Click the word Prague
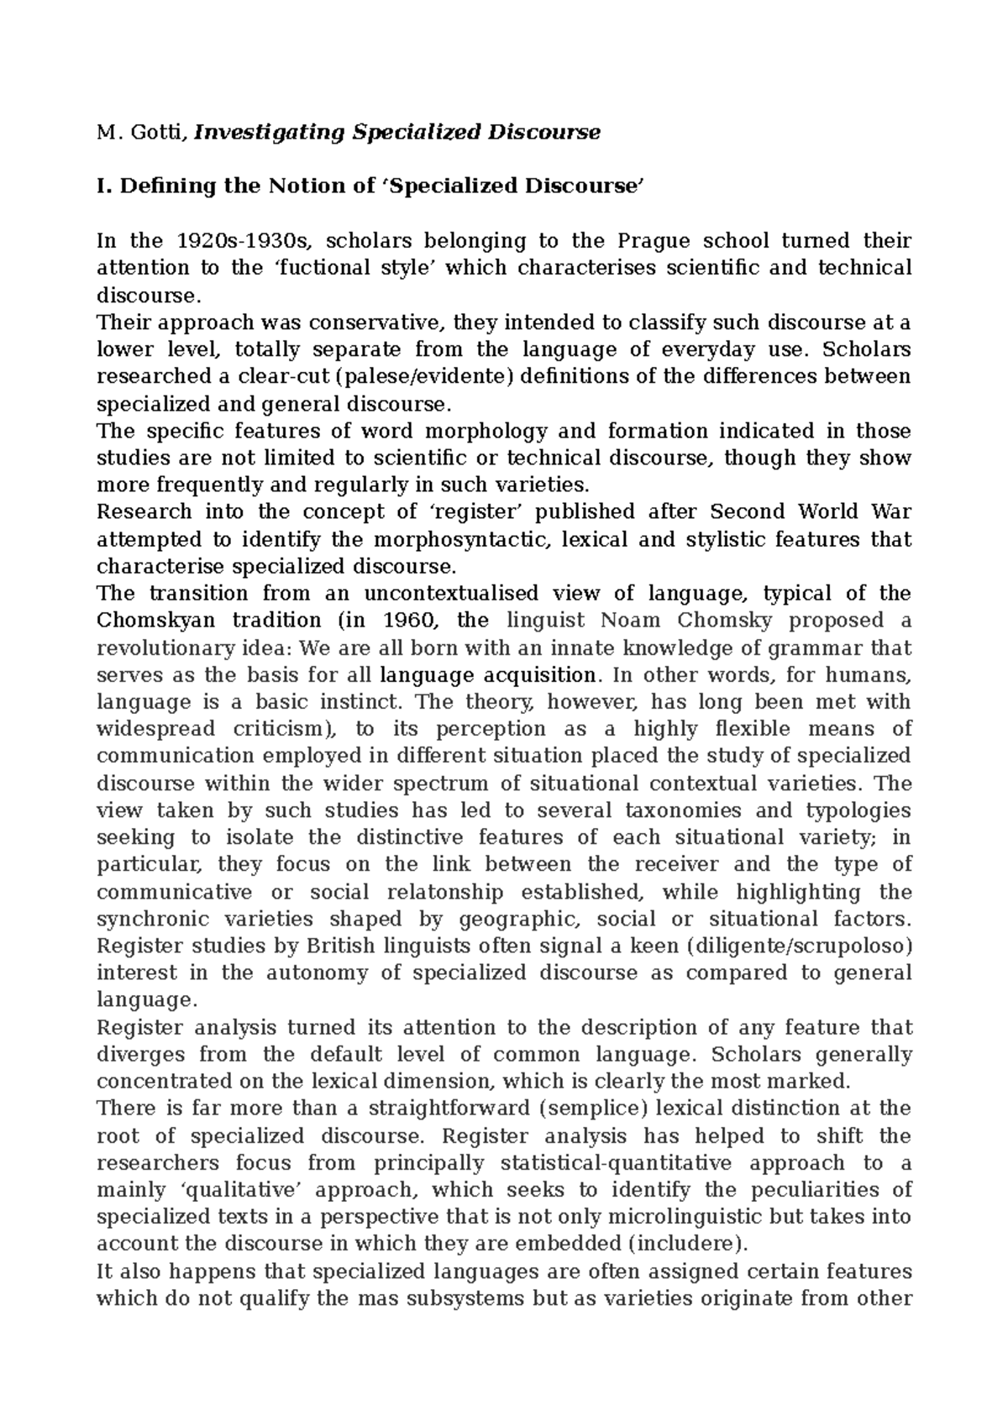tap(654, 241)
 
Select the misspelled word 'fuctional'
tap(303, 268)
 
